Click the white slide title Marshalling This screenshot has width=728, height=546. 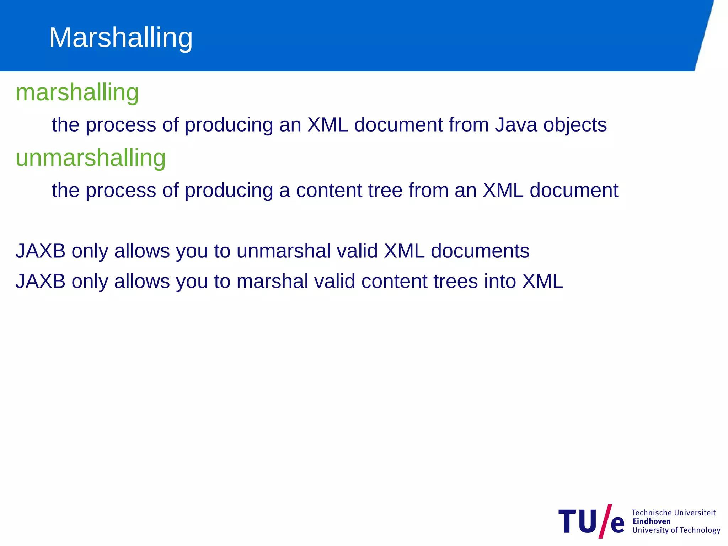(x=121, y=38)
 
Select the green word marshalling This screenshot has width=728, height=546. (x=77, y=92)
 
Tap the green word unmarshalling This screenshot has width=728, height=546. (x=91, y=158)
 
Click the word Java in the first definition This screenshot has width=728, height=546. (x=516, y=125)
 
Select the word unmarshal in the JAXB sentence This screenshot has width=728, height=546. (x=284, y=251)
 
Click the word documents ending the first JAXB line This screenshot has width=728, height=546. (x=480, y=251)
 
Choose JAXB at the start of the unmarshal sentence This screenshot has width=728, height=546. (x=41, y=251)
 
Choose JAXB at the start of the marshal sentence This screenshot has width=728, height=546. (x=41, y=281)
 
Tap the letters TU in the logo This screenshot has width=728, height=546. (x=578, y=521)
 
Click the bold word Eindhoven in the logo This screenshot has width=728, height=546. (x=651, y=521)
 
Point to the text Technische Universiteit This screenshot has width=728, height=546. (x=674, y=513)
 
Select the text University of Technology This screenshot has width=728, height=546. (x=676, y=530)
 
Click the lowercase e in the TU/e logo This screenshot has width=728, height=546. (x=617, y=524)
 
